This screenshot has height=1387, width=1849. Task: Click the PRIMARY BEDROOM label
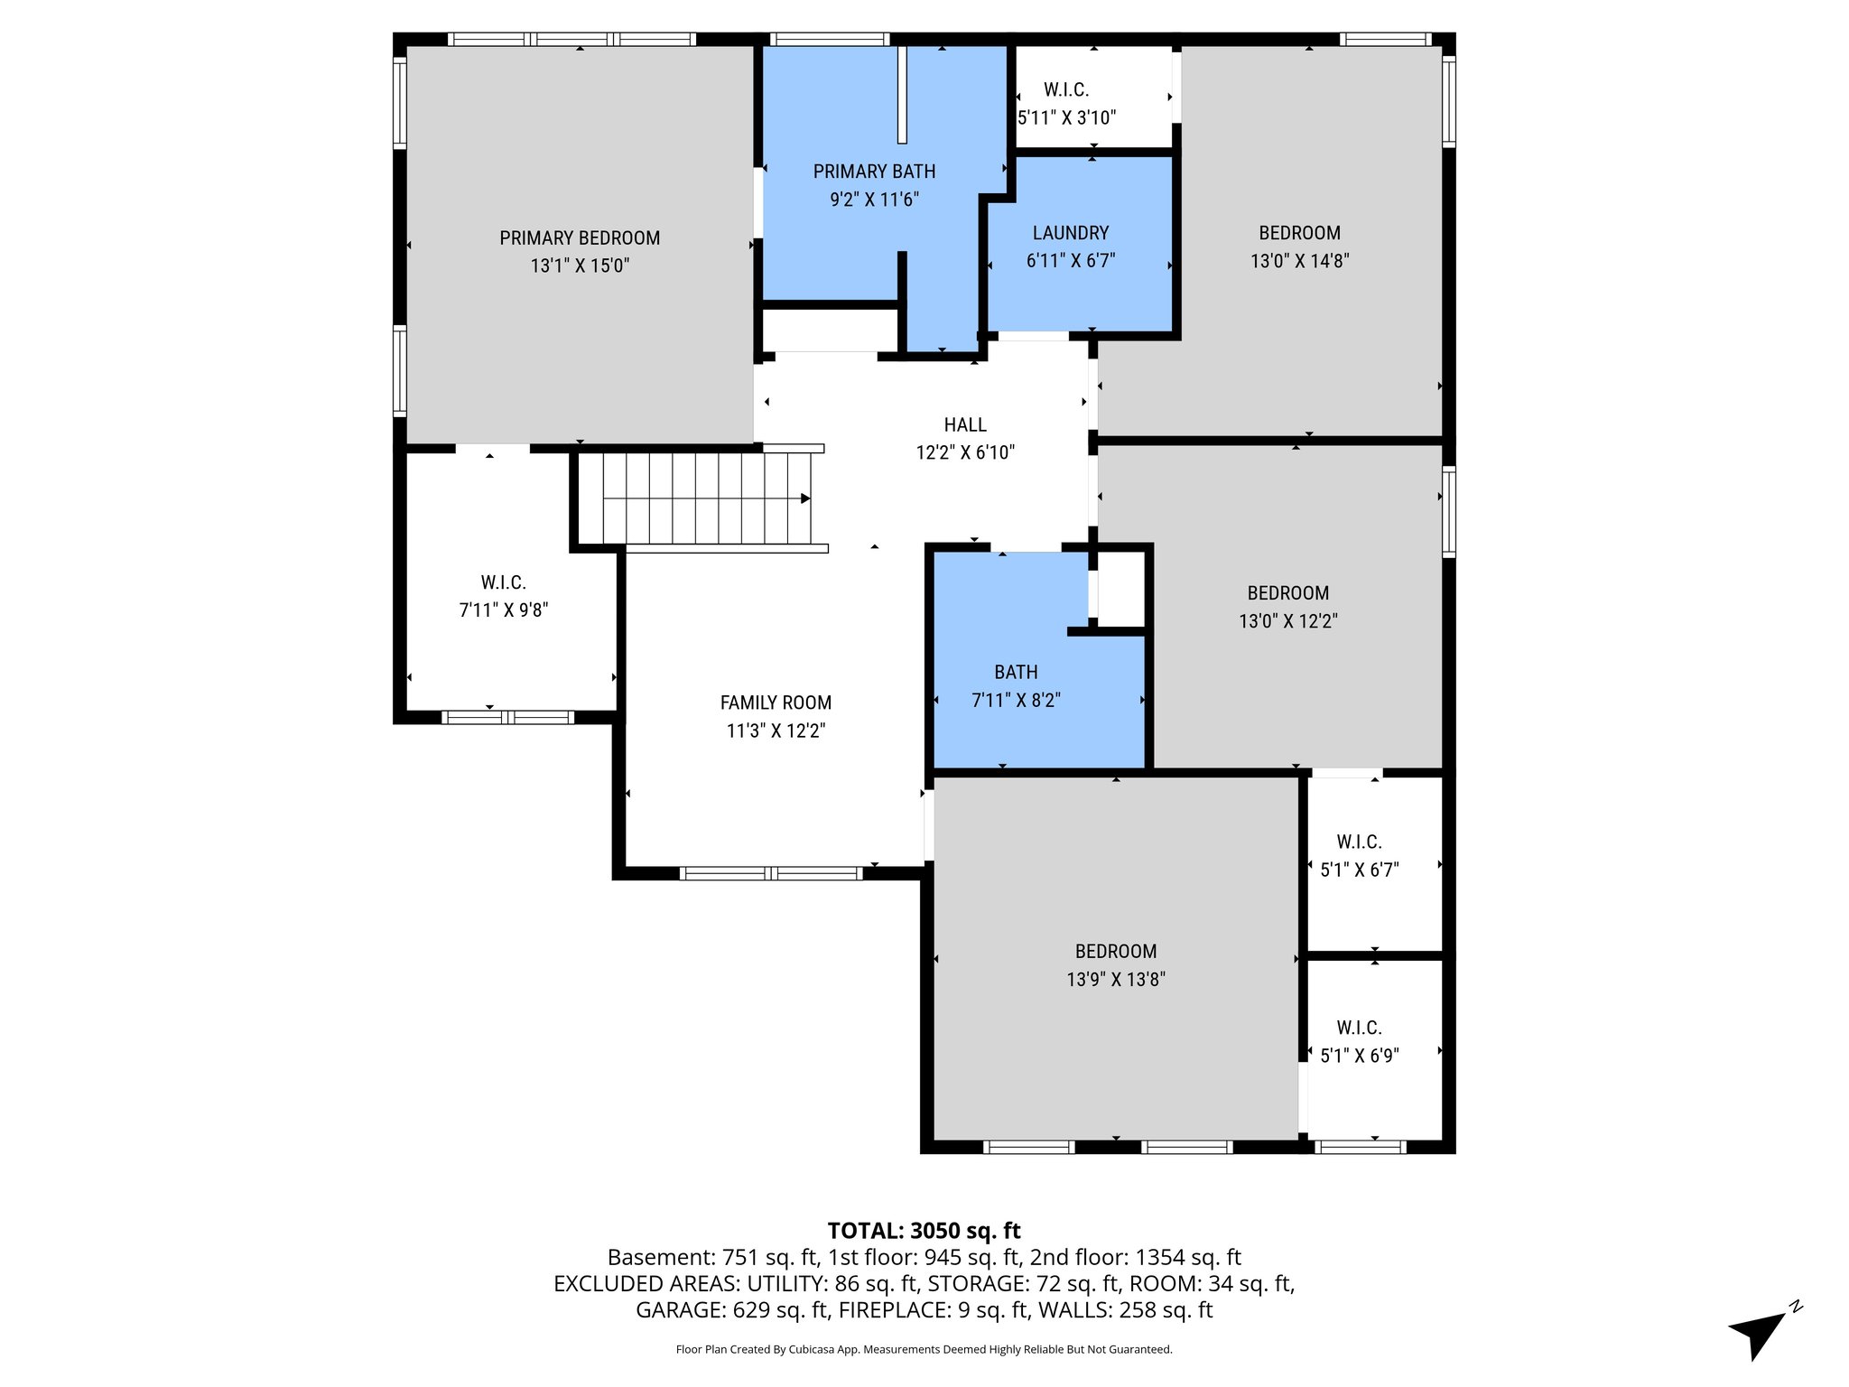[580, 238]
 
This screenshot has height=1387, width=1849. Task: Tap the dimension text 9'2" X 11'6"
[874, 200]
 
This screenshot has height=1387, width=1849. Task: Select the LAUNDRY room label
[1071, 233]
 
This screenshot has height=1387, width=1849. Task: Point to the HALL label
[965, 424]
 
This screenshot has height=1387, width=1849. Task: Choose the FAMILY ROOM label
[776, 703]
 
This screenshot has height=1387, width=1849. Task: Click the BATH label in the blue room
[1016, 672]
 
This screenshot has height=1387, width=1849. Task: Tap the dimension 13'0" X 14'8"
[1299, 261]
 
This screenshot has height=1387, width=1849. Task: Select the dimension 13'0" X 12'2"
[1287, 621]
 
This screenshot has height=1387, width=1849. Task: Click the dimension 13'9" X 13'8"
[1115, 979]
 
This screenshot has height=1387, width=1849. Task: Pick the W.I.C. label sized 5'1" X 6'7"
[1359, 842]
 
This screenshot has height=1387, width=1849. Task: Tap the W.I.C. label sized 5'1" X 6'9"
[1359, 1028]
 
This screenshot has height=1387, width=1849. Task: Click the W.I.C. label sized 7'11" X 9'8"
[503, 582]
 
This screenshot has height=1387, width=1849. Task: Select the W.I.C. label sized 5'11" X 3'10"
[1066, 89]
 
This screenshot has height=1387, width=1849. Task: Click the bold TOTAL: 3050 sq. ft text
[924, 1230]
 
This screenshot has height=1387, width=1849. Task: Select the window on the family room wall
[771, 873]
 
